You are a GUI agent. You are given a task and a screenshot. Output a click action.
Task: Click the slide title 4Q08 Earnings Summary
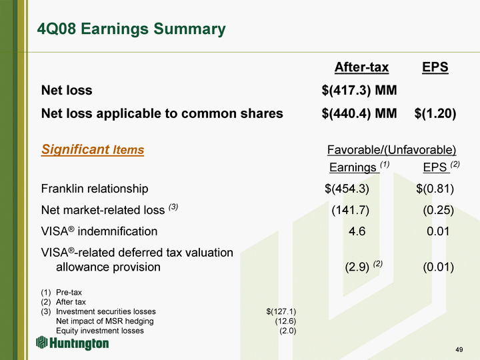[x=131, y=29]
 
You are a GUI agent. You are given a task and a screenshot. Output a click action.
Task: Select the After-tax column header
[x=361, y=67]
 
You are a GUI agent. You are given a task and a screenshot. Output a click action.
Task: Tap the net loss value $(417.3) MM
[x=359, y=90]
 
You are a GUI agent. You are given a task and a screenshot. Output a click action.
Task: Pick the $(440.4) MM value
[x=359, y=113]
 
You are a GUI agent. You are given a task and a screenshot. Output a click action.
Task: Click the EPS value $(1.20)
[x=435, y=113]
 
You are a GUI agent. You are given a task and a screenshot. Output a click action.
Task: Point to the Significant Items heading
[x=93, y=150]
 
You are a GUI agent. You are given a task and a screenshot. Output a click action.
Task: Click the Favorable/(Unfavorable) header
[x=391, y=150]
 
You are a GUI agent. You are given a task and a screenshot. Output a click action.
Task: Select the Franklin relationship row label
[x=95, y=189]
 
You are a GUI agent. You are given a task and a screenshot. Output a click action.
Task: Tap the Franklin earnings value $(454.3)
[x=347, y=189]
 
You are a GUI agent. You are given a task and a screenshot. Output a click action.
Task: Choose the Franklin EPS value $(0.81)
[x=435, y=189]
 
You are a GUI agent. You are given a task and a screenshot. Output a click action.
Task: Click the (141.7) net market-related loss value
[x=351, y=210]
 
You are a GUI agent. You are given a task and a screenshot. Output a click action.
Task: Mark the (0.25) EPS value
[x=439, y=210]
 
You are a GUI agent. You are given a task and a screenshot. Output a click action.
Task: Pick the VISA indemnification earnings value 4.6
[x=357, y=231]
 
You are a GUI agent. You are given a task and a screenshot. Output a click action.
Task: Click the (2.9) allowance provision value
[x=357, y=267]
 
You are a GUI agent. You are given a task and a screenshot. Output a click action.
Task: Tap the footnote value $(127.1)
[x=281, y=311]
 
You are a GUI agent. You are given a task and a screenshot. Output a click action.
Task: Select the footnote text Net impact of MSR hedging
[x=105, y=321]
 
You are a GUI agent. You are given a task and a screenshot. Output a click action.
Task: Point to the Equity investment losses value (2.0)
[x=288, y=331]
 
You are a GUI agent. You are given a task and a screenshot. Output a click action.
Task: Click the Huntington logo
[x=73, y=343]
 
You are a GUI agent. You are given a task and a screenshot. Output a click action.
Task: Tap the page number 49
[x=459, y=349]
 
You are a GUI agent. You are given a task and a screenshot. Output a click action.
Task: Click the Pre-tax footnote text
[x=69, y=293]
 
